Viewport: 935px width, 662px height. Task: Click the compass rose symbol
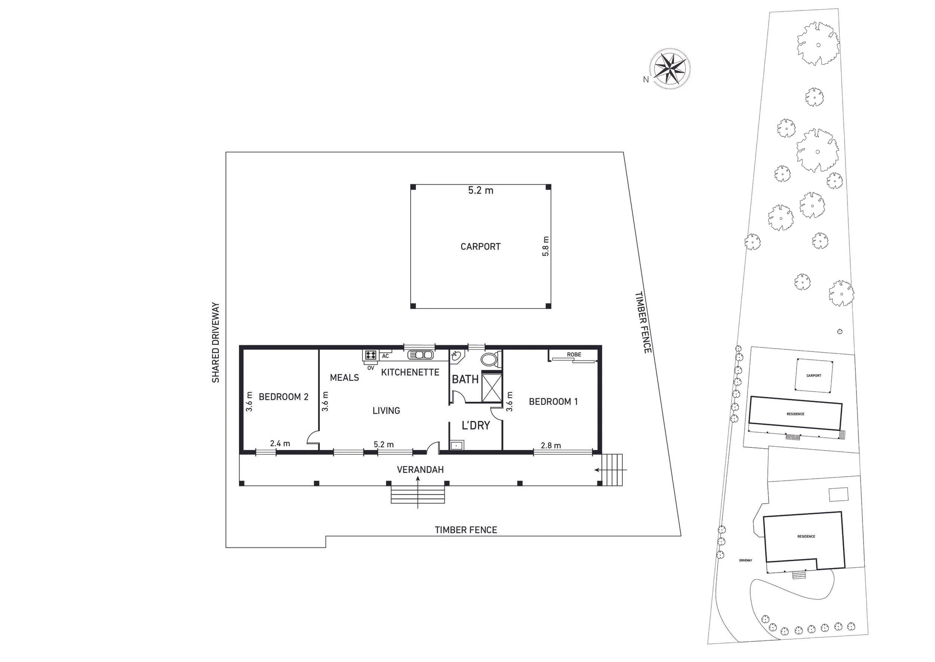click(670, 69)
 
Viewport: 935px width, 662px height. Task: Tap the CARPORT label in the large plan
click(480, 247)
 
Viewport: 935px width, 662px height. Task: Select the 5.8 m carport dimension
click(546, 246)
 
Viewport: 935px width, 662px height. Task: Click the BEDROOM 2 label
click(283, 397)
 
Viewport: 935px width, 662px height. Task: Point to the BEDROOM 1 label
click(553, 401)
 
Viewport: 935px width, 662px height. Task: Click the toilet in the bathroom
click(489, 360)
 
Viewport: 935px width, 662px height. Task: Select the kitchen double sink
click(420, 355)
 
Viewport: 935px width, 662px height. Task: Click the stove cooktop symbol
click(371, 355)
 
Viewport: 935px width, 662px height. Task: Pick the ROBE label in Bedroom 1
click(574, 355)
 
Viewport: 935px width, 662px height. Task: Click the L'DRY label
click(476, 426)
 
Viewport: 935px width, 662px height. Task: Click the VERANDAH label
click(420, 470)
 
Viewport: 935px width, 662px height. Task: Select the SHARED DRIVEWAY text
click(215, 342)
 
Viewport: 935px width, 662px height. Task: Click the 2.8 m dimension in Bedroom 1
click(551, 446)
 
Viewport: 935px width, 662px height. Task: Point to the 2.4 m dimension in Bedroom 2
click(280, 443)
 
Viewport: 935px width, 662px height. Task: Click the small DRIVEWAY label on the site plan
click(745, 561)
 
